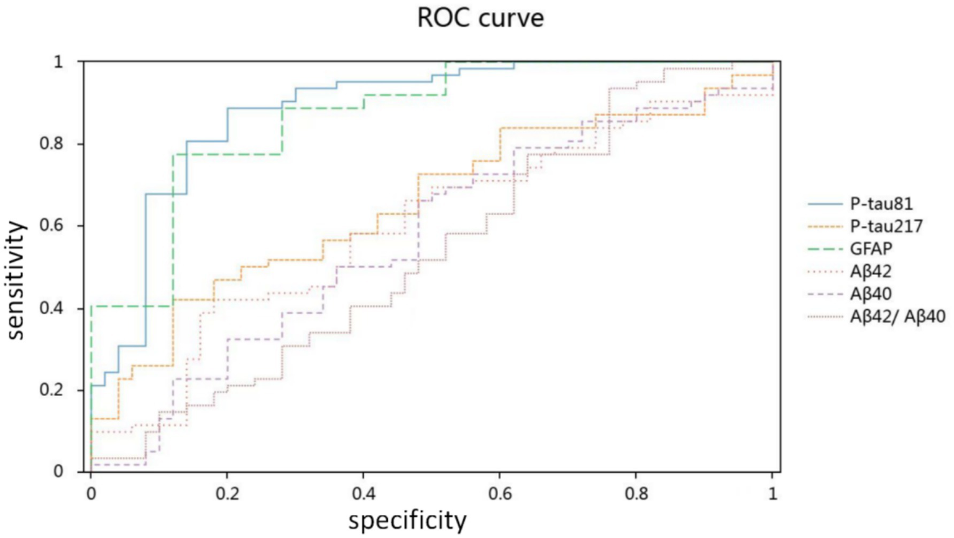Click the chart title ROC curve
click(x=480, y=17)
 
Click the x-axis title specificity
click(x=407, y=520)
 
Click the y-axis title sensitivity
click(x=17, y=280)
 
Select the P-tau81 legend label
click(x=881, y=203)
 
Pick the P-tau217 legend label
click(x=886, y=226)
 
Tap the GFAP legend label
click(x=871, y=248)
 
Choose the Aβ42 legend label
click(x=871, y=271)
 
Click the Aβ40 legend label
click(x=871, y=294)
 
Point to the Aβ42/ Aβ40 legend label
click(x=897, y=316)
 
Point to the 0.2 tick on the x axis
click(x=227, y=493)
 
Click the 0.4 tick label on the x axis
click(x=364, y=493)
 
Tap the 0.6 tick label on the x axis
click(x=500, y=493)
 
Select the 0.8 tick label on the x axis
click(x=636, y=493)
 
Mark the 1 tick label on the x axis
click(x=773, y=493)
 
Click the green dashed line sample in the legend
click(x=825, y=249)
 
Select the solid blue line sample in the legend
click(x=825, y=204)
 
